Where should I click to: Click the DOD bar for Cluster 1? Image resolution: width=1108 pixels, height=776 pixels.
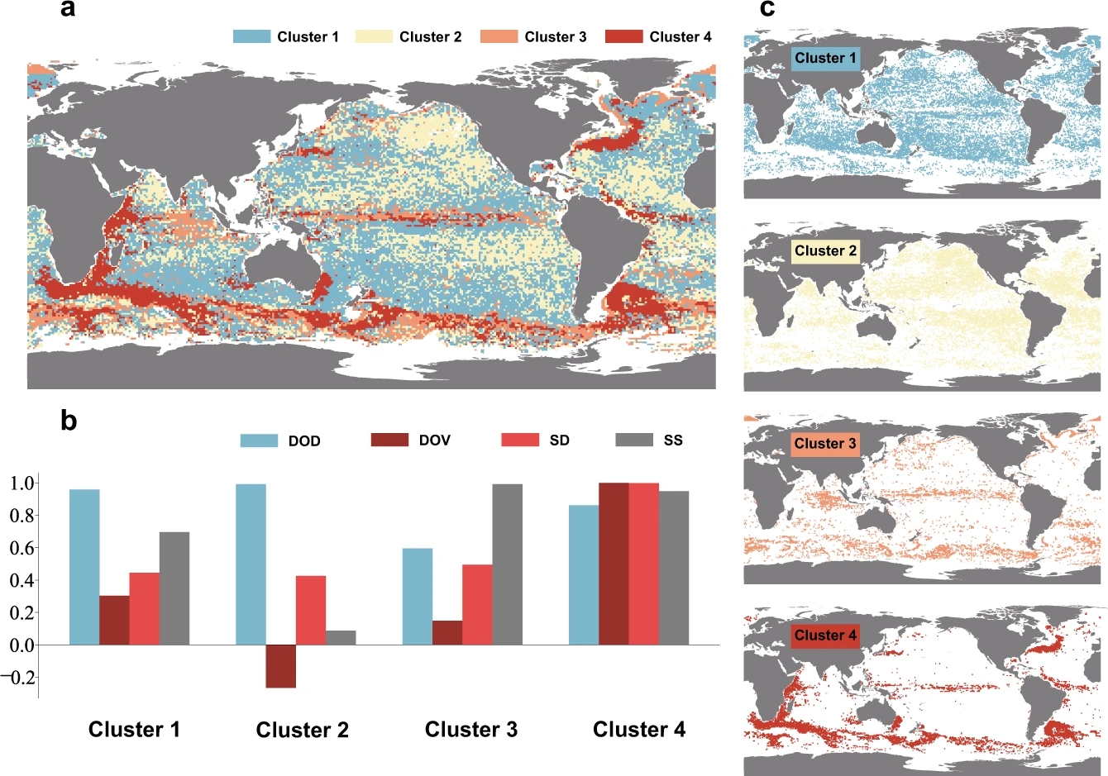84,567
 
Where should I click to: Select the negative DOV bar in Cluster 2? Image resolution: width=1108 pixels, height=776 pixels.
281,666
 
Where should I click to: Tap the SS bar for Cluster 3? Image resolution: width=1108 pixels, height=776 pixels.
507,564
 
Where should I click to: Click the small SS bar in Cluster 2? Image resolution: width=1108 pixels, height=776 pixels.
341,637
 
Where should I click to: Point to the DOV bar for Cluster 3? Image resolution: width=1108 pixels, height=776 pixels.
447,632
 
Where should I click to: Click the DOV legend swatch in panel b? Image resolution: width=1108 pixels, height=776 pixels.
390,440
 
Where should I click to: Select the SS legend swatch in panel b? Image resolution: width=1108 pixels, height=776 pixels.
635,440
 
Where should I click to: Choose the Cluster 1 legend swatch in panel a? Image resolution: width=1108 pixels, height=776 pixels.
252,36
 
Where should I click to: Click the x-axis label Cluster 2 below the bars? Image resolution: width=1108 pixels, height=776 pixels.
303,730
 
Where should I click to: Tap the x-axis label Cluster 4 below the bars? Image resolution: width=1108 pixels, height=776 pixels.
639,730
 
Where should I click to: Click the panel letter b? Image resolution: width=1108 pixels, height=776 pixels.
69,421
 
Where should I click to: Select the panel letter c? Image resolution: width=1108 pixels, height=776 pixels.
767,9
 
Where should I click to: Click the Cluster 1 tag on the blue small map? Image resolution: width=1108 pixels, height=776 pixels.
825,58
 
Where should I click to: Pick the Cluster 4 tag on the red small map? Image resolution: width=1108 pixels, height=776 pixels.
825,636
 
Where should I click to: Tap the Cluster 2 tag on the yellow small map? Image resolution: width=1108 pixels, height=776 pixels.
825,250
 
